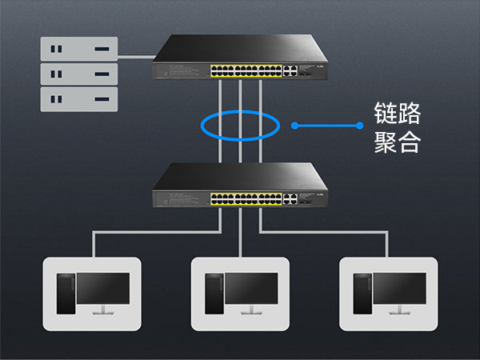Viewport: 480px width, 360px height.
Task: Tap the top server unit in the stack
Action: click(78, 49)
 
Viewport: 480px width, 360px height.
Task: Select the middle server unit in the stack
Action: click(78, 74)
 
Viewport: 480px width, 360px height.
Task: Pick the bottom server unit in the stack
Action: click(78, 99)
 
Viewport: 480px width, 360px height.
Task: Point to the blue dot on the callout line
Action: click(295, 126)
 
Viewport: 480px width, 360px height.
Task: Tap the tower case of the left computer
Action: click(66, 294)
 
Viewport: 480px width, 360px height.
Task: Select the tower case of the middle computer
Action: click(214, 294)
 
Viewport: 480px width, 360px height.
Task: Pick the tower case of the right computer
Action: click(362, 294)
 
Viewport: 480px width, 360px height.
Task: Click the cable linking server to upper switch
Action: click(135, 56)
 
